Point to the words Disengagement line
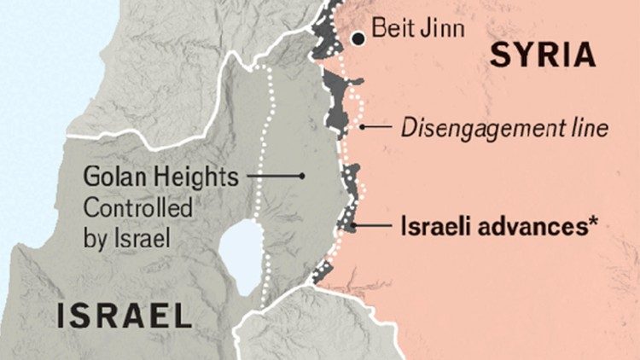pyautogui.click(x=504, y=129)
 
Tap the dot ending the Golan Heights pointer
pyautogui.click(x=302, y=177)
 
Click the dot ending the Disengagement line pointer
pyautogui.click(x=363, y=128)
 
